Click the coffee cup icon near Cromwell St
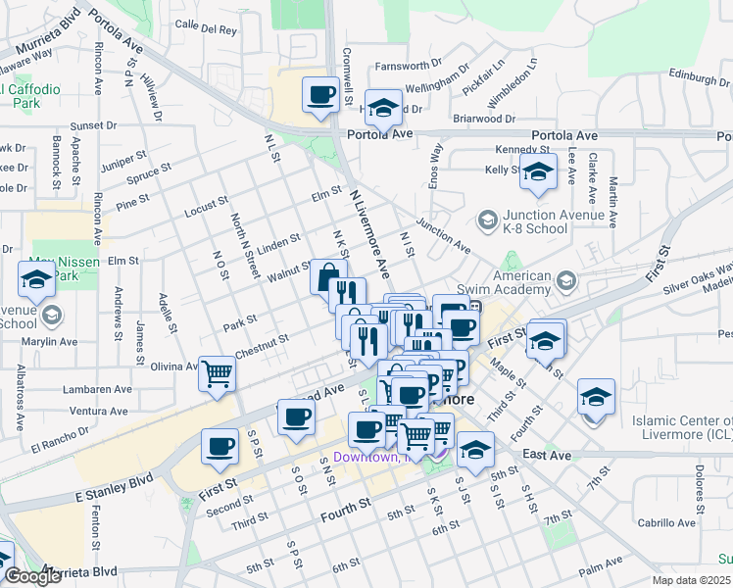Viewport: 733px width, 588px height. (319, 95)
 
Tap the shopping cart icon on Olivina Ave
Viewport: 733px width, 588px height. (218, 372)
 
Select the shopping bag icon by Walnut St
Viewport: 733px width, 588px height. (328, 276)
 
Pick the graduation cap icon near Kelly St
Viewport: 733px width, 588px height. (537, 171)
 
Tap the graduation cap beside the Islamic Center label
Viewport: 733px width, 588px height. (595, 396)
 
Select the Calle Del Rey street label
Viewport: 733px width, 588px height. (206, 29)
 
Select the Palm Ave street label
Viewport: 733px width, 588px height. (600, 568)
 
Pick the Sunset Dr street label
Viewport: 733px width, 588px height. (93, 125)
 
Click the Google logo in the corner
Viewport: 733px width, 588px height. (31, 575)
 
